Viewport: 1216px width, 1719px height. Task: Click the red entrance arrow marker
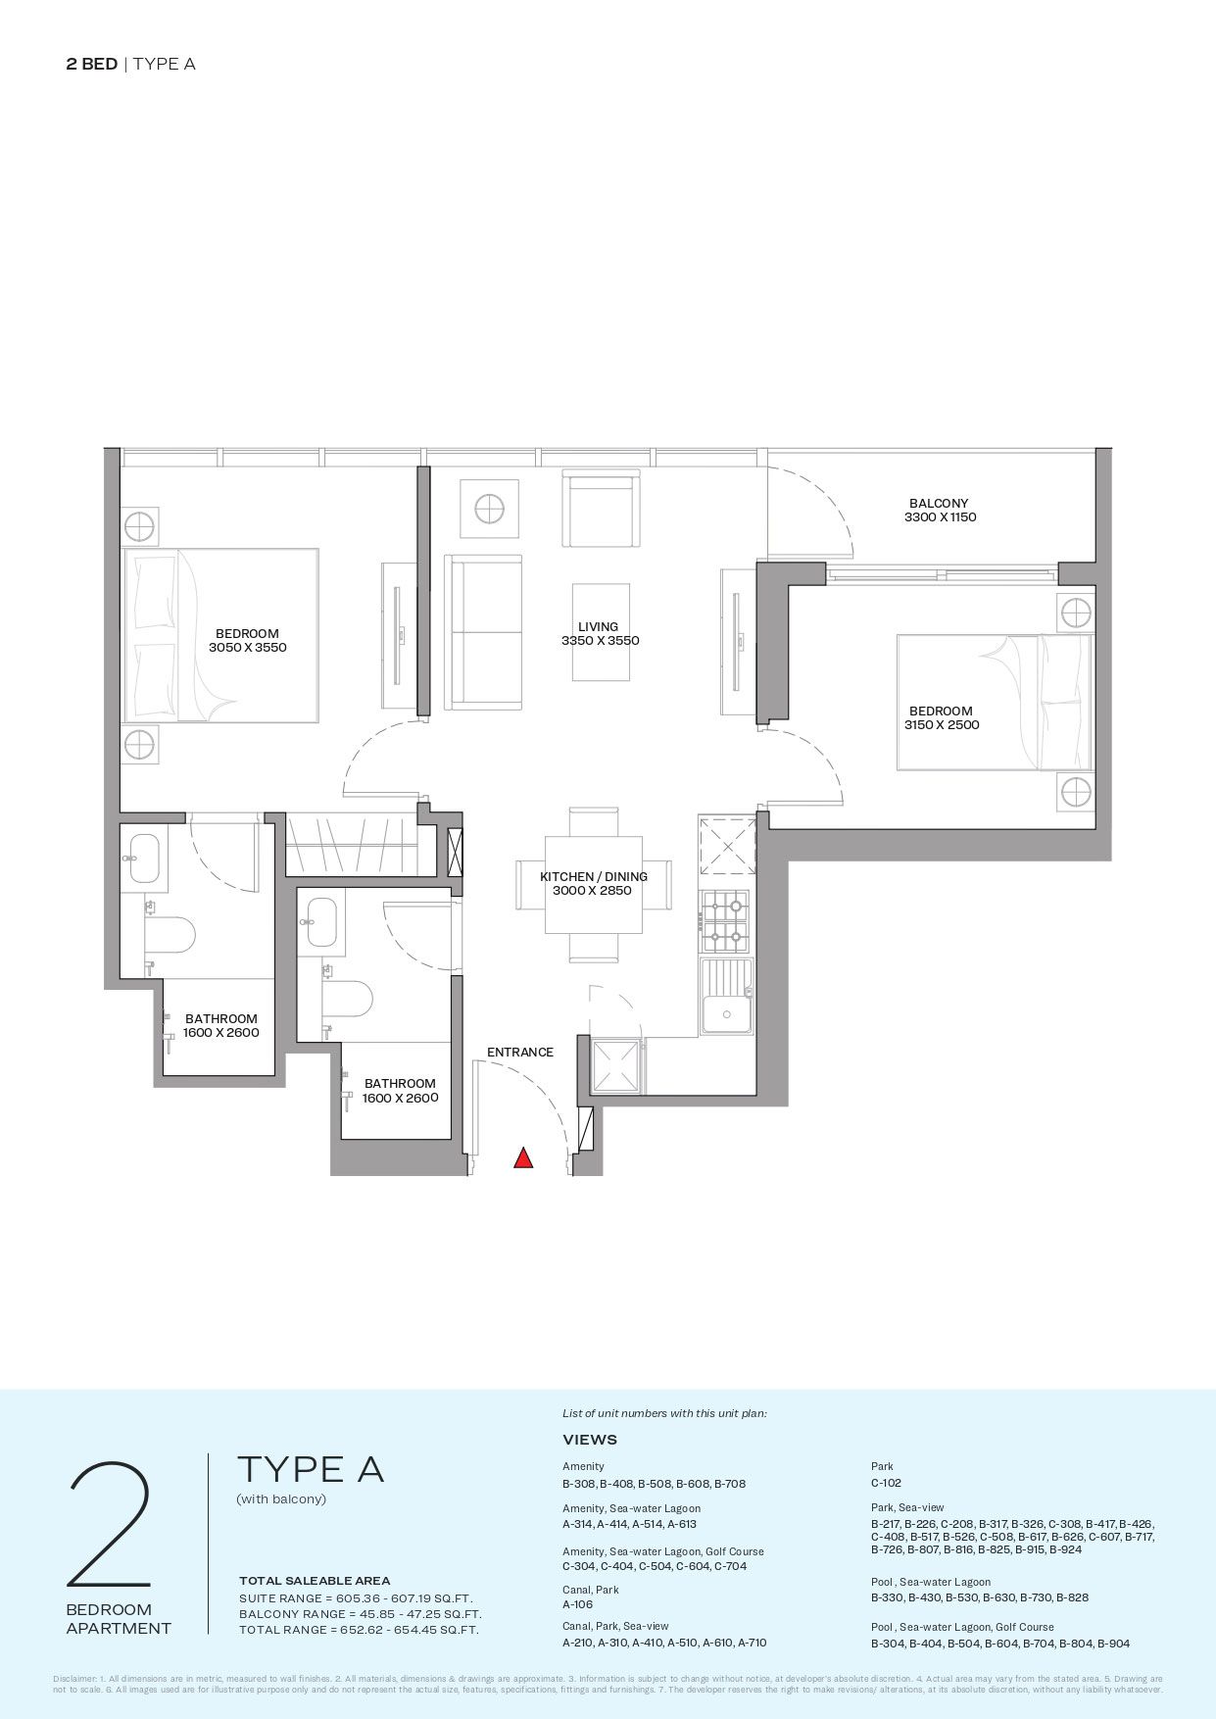[x=523, y=1158]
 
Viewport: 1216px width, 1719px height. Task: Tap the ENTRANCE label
[x=519, y=1053]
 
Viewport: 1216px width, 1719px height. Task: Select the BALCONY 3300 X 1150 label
[x=939, y=511]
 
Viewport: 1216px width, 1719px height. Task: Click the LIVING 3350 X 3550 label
[x=599, y=633]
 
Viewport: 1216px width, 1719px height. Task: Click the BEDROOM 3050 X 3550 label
[x=247, y=640]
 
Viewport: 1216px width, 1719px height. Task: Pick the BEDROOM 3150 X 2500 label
[x=941, y=717]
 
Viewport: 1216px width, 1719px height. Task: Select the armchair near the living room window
[x=602, y=509]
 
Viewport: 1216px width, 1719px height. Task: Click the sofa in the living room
[x=483, y=631]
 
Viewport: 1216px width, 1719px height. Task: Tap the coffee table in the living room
[x=600, y=632]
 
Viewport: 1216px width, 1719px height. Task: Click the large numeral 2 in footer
[x=110, y=1525]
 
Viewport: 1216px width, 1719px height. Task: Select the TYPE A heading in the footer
[x=311, y=1469]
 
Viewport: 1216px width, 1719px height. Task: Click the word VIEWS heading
[x=590, y=1440]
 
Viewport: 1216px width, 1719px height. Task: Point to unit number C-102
[x=886, y=1483]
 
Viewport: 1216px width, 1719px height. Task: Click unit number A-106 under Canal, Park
[x=577, y=1604]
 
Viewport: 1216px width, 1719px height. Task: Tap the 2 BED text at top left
[x=92, y=65]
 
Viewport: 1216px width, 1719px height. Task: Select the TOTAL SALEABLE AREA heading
[x=315, y=1580]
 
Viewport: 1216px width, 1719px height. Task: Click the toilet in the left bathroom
[x=169, y=936]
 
